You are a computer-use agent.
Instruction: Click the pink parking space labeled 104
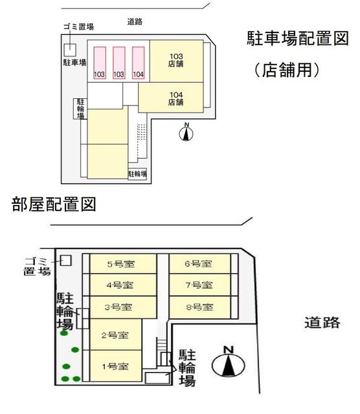138,63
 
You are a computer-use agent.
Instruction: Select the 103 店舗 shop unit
175,61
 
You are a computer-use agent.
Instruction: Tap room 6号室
199,263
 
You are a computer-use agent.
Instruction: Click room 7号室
199,285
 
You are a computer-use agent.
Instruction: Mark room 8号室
199,307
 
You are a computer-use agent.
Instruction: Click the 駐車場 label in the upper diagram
74,63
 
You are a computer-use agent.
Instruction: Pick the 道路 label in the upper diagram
135,21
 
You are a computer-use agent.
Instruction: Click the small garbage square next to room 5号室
65,260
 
